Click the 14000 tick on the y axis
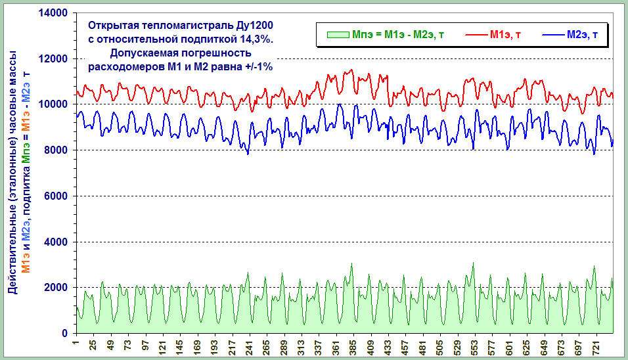pos(55,13)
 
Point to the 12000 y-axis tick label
pos(55,59)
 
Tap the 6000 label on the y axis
pos(57,196)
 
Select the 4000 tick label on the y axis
pos(57,242)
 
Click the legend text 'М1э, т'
pos(506,34)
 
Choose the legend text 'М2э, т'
pos(582,34)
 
